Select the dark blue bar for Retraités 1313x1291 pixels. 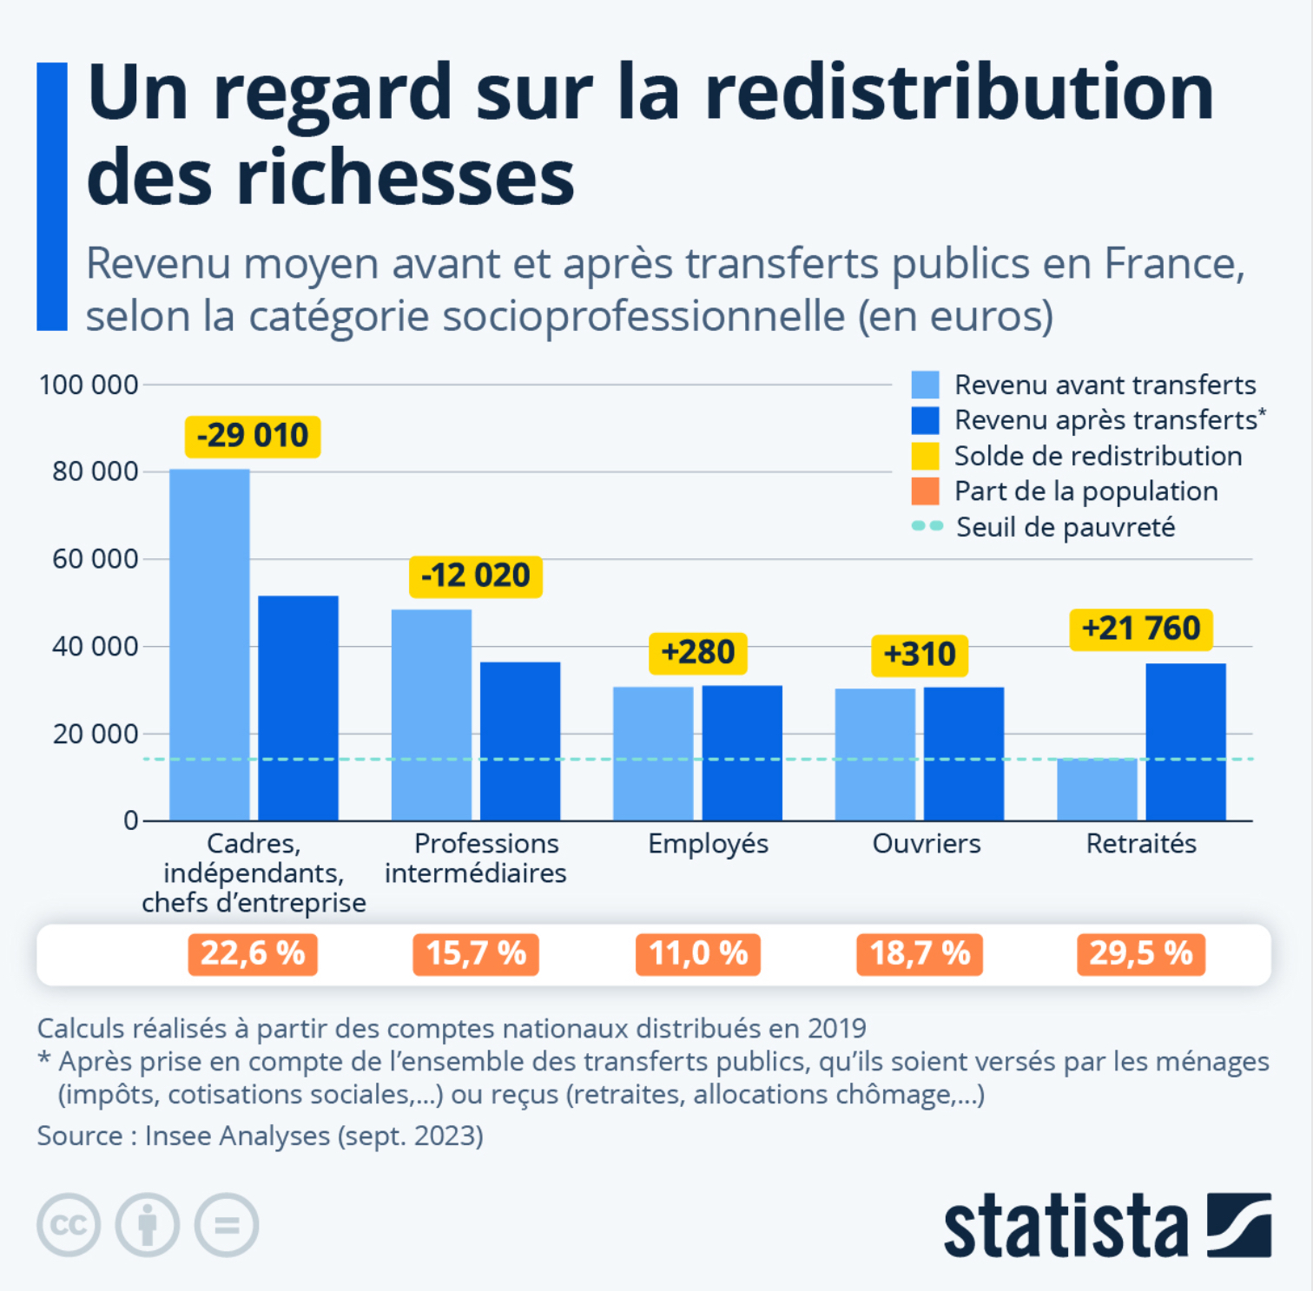pos(1185,741)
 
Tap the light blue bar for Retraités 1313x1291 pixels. pos(1097,789)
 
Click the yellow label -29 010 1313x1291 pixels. pos(253,436)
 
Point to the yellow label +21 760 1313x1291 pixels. pos(1141,629)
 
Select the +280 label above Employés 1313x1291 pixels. pos(698,653)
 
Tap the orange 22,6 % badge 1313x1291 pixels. pos(253,954)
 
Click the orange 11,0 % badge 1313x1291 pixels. pos(698,954)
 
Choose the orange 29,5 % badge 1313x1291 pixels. pos(1141,954)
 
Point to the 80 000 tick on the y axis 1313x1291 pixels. pos(95,471)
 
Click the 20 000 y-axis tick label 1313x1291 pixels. pos(95,734)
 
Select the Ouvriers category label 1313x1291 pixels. pos(927,844)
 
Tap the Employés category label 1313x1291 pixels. pos(708,844)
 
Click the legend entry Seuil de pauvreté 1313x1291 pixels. pos(1065,527)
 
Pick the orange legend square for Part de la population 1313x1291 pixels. pos(926,491)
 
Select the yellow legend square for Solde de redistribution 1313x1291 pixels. pos(926,456)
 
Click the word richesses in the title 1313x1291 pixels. pos(406,178)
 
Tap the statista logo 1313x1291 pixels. pos(1107,1225)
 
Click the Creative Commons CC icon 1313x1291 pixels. pos(69,1225)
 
